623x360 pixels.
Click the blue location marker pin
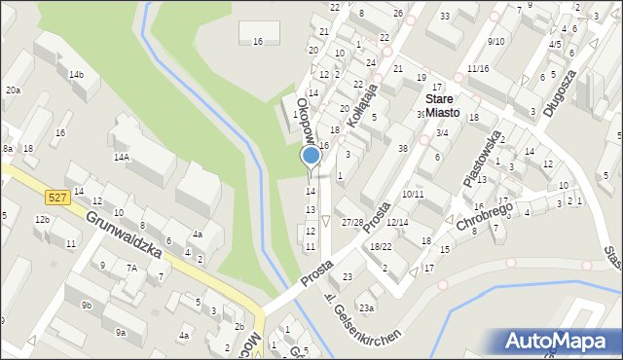pos(311,156)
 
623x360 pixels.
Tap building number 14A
pos(122,157)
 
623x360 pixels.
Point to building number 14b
pos(76,75)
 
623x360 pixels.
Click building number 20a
pos(12,90)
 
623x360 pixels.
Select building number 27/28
pos(352,223)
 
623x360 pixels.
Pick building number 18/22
pos(381,247)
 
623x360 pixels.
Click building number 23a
pos(365,307)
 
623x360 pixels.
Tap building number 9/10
pos(496,41)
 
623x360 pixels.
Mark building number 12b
pos(42,220)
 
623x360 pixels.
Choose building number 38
pos(402,148)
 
